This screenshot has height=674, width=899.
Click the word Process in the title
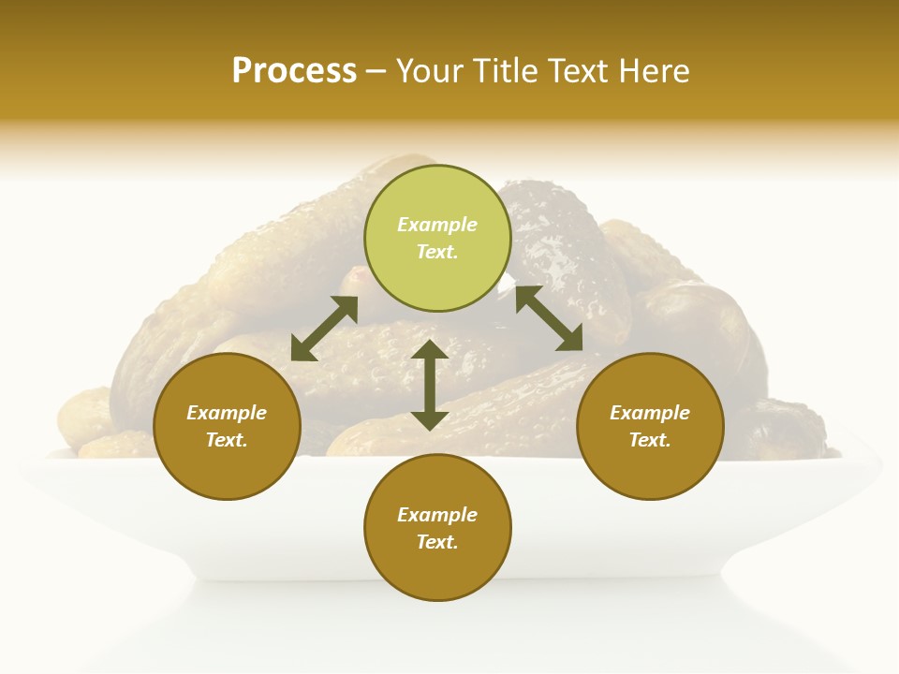point(294,71)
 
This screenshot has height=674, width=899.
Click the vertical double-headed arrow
point(430,385)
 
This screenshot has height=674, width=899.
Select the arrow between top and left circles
point(324,329)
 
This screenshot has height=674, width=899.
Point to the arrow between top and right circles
point(549,319)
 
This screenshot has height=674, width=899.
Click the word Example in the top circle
point(437,225)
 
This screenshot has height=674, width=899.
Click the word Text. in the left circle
point(227,440)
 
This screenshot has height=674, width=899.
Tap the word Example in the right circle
point(650,413)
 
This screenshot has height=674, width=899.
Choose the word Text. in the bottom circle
point(437,542)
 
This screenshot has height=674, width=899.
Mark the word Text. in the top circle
point(437,252)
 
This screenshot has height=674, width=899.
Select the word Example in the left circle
point(227,413)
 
